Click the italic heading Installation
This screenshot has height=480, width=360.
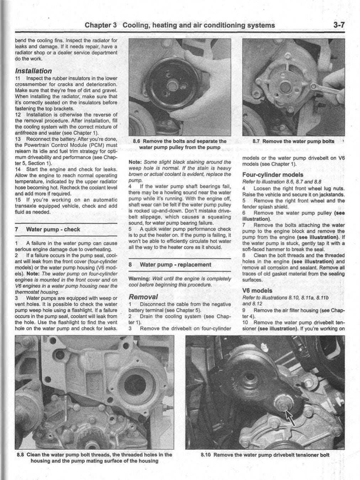point(33,71)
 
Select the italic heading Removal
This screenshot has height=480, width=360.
point(143,297)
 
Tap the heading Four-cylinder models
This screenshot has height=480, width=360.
point(272,174)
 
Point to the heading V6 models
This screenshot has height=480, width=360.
point(257,290)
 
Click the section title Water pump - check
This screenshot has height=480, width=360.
point(53,229)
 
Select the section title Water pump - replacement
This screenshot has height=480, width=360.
point(175,265)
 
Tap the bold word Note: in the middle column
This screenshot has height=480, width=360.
point(136,162)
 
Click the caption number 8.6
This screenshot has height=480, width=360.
point(137,141)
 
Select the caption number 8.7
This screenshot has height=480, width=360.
point(256,141)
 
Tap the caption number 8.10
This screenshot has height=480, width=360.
point(206,455)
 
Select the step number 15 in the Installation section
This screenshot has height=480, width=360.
point(18,200)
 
